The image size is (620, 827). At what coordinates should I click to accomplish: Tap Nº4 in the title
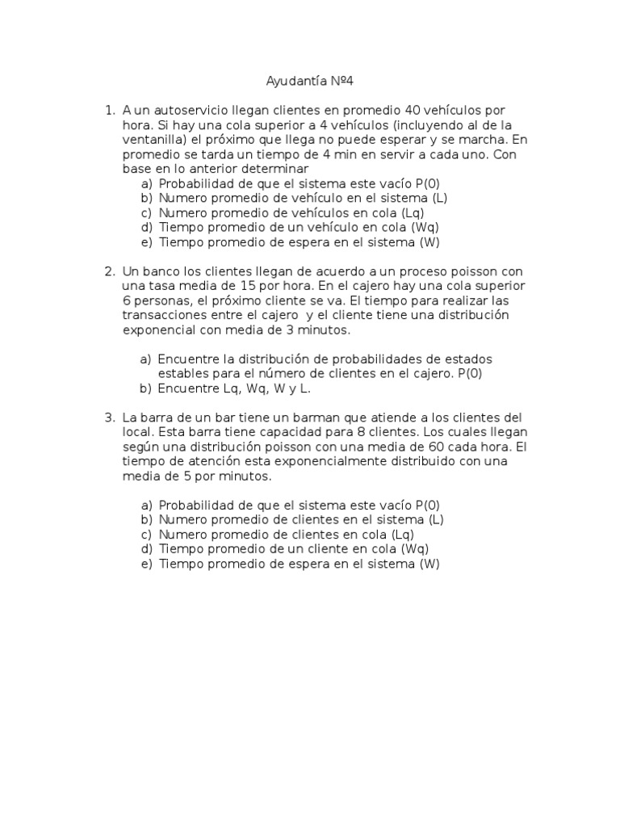click(342, 82)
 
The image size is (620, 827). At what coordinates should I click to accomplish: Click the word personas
click(165, 300)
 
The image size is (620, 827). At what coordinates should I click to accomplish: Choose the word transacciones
click(166, 315)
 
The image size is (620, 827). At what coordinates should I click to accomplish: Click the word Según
click(141, 447)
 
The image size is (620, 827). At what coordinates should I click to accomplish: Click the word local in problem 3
click(137, 432)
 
